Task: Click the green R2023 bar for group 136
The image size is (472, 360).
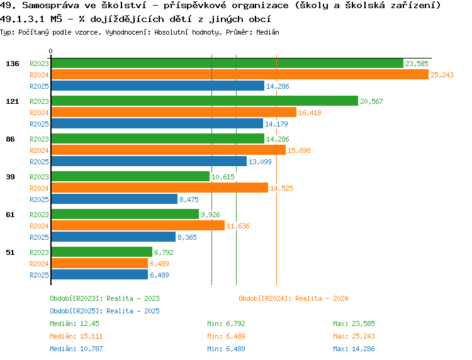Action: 227,64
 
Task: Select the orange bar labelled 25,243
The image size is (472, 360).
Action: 239,75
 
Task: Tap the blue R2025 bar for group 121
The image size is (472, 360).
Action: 157,124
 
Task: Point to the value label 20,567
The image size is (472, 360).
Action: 371,101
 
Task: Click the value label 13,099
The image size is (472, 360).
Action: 261,162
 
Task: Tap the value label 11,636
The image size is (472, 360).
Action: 239,226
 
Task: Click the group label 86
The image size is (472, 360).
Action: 11,139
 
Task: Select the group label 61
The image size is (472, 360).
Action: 11,215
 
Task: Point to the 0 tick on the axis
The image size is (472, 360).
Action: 50,51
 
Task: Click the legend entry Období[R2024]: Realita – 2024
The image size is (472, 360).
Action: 293,298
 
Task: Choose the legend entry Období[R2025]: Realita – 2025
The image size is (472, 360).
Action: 104,311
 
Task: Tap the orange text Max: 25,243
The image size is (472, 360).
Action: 354,336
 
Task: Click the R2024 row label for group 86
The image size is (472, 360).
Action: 39,150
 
